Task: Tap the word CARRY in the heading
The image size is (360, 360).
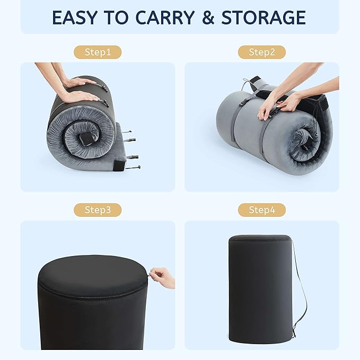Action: [x=165, y=17]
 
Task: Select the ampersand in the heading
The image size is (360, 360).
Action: [x=208, y=17]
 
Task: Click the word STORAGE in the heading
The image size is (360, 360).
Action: [x=264, y=17]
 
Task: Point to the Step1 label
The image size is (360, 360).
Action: [x=98, y=52]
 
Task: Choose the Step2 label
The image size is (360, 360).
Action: [x=262, y=52]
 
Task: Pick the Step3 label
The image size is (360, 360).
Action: [x=98, y=210]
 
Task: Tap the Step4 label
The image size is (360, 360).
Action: [x=262, y=210]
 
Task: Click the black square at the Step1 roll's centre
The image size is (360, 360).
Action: [x=85, y=139]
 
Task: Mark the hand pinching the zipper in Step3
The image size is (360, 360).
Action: [x=162, y=277]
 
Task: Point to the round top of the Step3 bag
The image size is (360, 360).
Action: [x=92, y=276]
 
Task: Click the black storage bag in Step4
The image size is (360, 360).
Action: [x=260, y=289]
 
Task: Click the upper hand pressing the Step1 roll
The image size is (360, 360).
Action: [x=79, y=82]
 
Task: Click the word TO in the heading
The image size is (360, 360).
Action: [x=116, y=17]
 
